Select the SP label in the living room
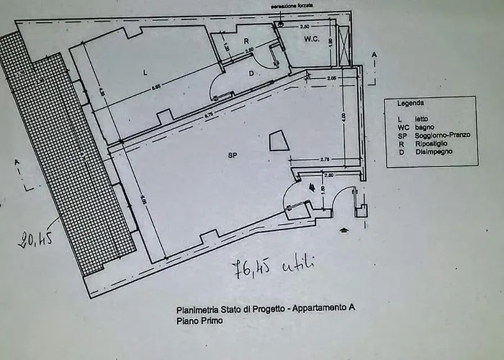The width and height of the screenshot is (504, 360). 233,155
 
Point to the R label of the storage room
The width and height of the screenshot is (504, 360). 246,40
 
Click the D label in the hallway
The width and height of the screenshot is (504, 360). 251,73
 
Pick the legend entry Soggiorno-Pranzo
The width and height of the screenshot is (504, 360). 441,135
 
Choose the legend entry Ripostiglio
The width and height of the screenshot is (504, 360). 433,143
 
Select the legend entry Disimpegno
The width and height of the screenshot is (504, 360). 435,152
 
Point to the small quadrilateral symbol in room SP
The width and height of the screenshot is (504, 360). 279,140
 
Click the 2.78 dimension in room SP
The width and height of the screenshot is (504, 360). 325,158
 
